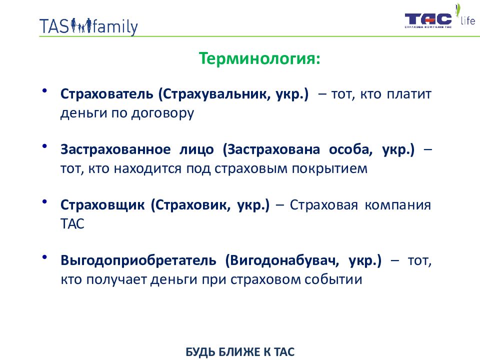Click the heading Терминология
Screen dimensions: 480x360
(x=259, y=58)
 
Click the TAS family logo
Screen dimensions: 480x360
(x=88, y=26)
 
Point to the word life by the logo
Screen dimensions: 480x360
(x=468, y=20)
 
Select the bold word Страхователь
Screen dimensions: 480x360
(x=107, y=93)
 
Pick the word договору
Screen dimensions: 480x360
(x=162, y=113)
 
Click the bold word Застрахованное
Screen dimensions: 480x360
(x=115, y=149)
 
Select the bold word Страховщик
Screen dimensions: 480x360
(x=102, y=205)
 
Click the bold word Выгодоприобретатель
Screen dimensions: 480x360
(x=138, y=260)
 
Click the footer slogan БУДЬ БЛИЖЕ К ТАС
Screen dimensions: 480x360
(x=240, y=352)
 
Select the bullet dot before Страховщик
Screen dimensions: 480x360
(x=44, y=201)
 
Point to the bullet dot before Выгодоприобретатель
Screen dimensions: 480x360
(x=44, y=257)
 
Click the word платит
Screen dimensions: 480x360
(x=409, y=94)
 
